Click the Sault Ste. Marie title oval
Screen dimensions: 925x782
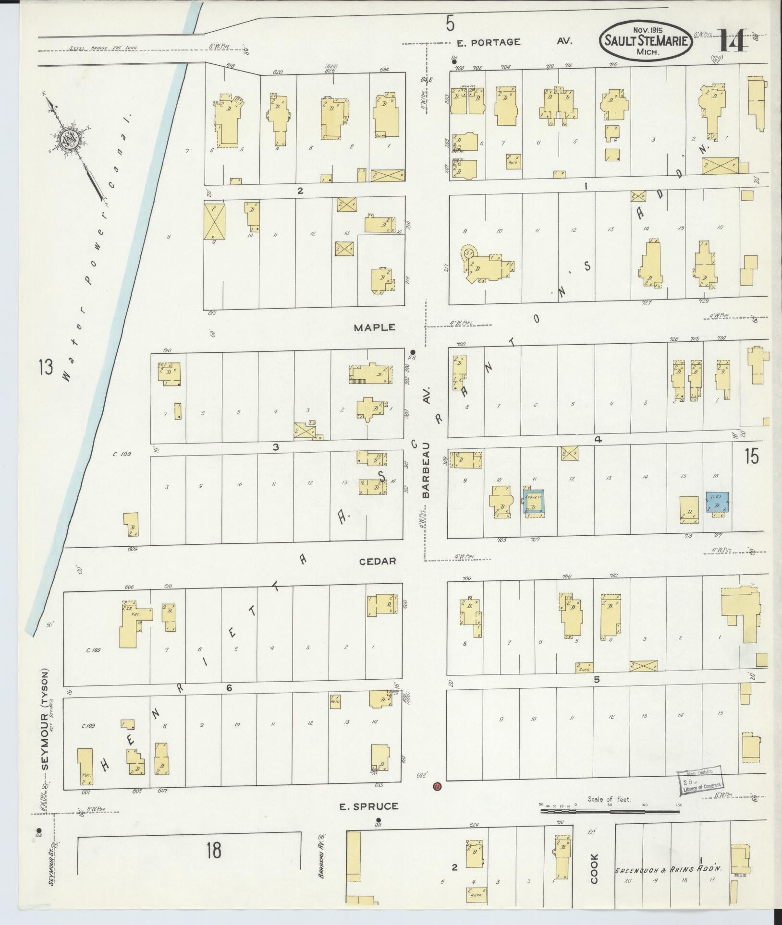[646, 41]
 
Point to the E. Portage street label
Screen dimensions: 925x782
[488, 42]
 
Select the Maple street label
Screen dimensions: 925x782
[374, 327]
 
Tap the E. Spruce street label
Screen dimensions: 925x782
[369, 806]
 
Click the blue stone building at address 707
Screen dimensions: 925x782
[534, 501]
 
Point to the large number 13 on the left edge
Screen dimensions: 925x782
[46, 369]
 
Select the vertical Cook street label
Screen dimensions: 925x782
[594, 868]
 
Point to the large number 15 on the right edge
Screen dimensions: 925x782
[752, 456]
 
